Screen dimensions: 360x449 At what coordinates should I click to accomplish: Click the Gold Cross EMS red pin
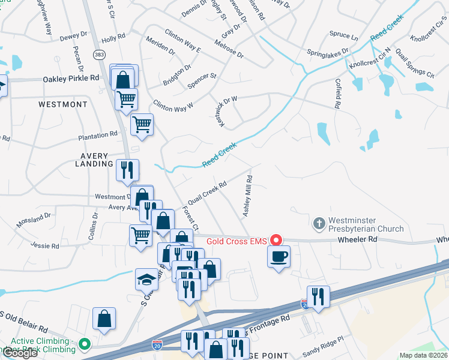[276, 241]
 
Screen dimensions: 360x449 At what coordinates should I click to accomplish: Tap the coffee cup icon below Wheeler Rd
[279, 257]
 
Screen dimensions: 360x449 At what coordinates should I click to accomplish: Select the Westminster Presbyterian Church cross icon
[319, 224]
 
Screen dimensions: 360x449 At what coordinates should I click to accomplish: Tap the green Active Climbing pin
[85, 344]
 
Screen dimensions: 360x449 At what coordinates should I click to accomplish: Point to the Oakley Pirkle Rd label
[71, 79]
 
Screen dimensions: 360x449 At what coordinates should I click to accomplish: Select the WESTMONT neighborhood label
[63, 104]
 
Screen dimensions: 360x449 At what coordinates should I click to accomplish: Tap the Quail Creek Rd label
[206, 191]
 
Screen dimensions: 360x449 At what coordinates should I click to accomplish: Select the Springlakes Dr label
[328, 52]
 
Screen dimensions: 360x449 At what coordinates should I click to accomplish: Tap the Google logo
[20, 353]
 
